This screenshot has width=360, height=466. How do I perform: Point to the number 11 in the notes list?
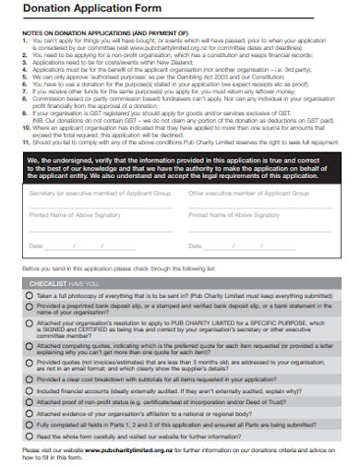[24, 140]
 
